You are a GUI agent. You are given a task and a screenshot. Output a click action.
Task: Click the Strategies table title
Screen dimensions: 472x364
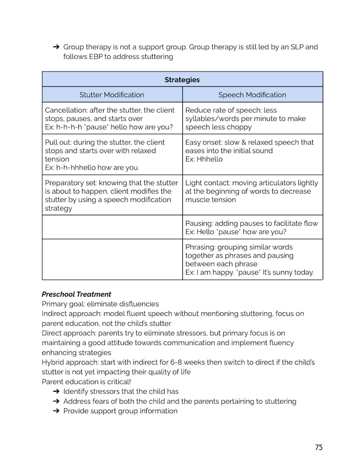pyautogui.click(x=182, y=80)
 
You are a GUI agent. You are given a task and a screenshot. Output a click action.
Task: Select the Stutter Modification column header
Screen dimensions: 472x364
pyautogui.click(x=112, y=95)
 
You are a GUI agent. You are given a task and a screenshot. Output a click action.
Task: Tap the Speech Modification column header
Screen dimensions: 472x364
pyautogui.click(x=252, y=95)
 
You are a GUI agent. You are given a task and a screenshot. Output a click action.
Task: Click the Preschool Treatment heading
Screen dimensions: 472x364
pyautogui.click(x=77, y=294)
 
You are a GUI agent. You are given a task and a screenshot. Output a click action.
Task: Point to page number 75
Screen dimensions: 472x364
pyautogui.click(x=319, y=447)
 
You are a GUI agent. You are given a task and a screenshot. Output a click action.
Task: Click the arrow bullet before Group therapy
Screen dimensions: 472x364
pyautogui.click(x=56, y=47)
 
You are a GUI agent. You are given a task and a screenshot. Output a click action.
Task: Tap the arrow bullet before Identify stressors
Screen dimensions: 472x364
pyautogui.click(x=56, y=391)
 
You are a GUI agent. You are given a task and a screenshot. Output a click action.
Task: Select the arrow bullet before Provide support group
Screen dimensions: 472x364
pyautogui.click(x=56, y=411)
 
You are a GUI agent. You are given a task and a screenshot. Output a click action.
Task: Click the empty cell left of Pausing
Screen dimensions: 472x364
pyautogui.click(x=112, y=227)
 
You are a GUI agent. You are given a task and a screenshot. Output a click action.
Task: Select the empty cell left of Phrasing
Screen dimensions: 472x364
pyautogui.click(x=112, y=259)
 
